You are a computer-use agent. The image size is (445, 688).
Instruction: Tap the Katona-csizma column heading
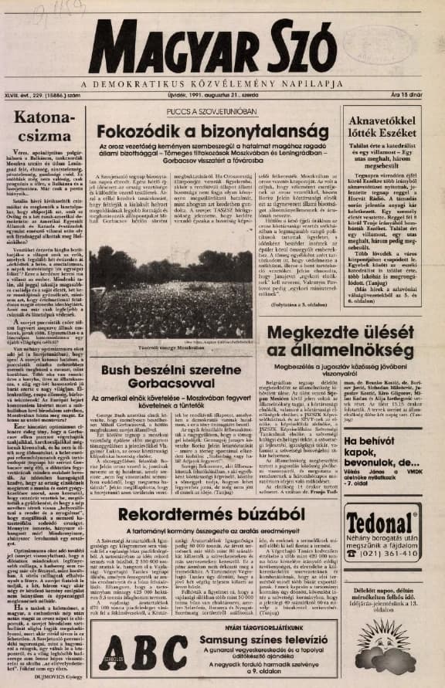(49, 127)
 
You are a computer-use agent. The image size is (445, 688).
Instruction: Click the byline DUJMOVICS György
(59, 673)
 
